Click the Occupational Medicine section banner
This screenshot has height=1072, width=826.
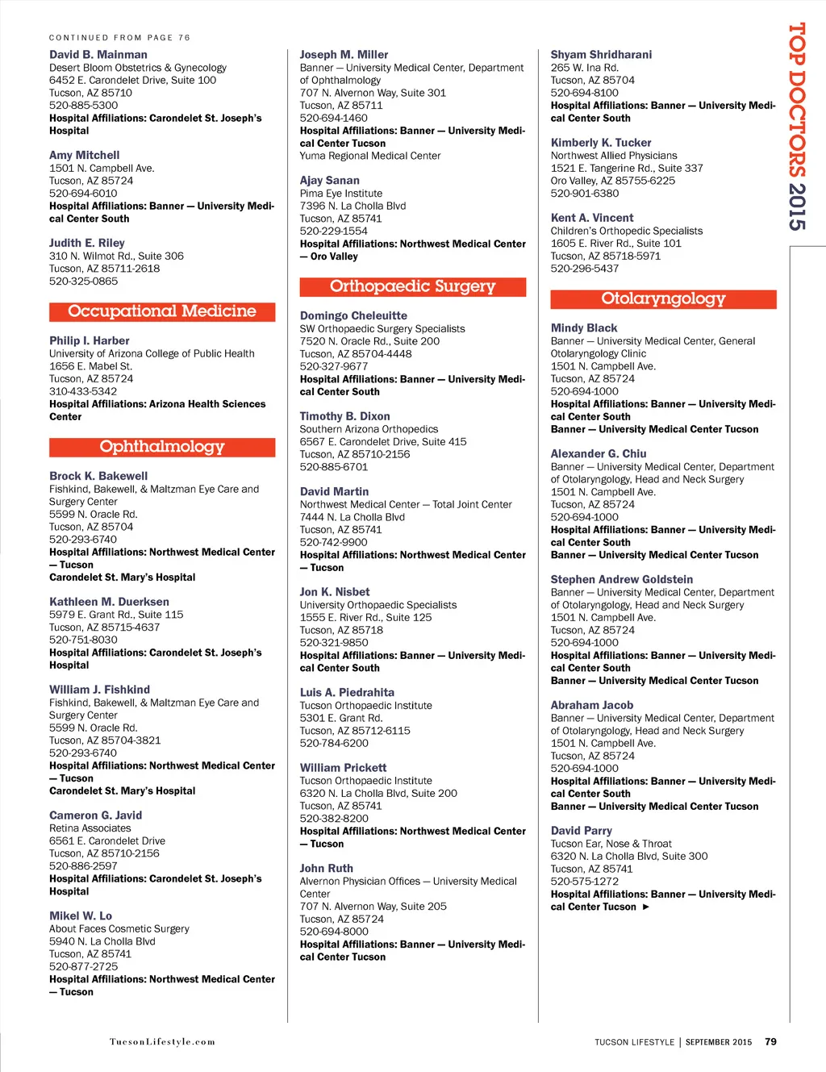pos(162,311)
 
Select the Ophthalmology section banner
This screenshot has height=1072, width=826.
pos(162,447)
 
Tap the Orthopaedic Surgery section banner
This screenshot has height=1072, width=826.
pos(412,286)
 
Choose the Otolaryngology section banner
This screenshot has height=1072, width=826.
pos(663,298)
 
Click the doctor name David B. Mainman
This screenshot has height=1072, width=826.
pos(98,55)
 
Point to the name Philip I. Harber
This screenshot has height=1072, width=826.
pos(90,341)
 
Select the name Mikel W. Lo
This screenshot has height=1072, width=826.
pos(81,916)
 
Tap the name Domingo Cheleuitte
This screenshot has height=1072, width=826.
pos(353,316)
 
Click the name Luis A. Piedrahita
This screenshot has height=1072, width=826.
pos(347,693)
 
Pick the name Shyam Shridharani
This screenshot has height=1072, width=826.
pos(601,55)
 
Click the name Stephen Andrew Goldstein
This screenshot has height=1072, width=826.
pos(622,580)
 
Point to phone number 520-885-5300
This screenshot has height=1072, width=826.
pos(83,106)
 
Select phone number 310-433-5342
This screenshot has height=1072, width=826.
pos(83,391)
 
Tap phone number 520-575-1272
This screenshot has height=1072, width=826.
pos(585,882)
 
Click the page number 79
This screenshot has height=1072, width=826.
pos(770,1042)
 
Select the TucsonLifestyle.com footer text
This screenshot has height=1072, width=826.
pos(162,1042)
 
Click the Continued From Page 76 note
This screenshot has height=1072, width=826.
pos(119,38)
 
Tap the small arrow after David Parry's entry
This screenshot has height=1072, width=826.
pos(646,907)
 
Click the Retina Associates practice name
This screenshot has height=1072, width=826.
pos(90,828)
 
